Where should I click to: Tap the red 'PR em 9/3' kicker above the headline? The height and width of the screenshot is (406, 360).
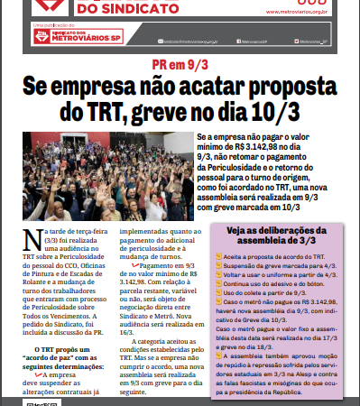coord(180,67)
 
